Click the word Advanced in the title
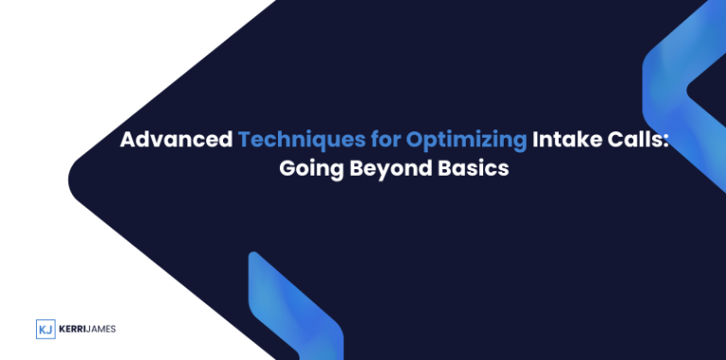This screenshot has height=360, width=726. click(x=176, y=140)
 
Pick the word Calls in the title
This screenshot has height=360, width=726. click(x=633, y=140)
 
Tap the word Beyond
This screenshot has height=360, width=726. click(x=363, y=171)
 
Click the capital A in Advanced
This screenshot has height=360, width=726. click(x=127, y=140)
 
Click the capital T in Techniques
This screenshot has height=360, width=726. click(x=244, y=140)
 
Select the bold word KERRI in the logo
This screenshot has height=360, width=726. click(x=75, y=329)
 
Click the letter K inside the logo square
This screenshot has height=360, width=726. click(x=42, y=329)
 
